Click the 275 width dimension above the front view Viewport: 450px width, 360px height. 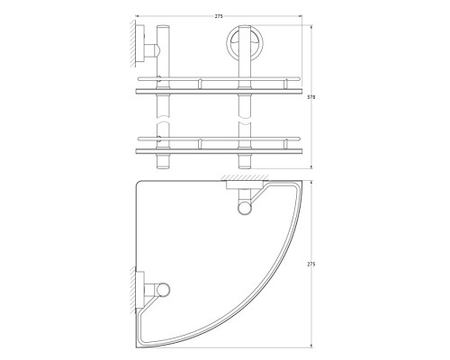click(219, 16)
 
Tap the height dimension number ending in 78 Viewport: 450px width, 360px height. click(311, 97)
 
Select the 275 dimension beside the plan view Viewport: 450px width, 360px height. click(311, 265)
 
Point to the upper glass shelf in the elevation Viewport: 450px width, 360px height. click(219, 91)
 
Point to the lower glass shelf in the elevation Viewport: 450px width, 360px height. click(219, 151)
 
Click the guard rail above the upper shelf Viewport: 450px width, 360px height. click(219, 79)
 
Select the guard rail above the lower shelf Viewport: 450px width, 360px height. click(219, 139)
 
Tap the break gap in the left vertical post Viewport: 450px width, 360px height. click(163, 119)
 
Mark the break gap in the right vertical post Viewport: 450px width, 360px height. click(245, 119)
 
